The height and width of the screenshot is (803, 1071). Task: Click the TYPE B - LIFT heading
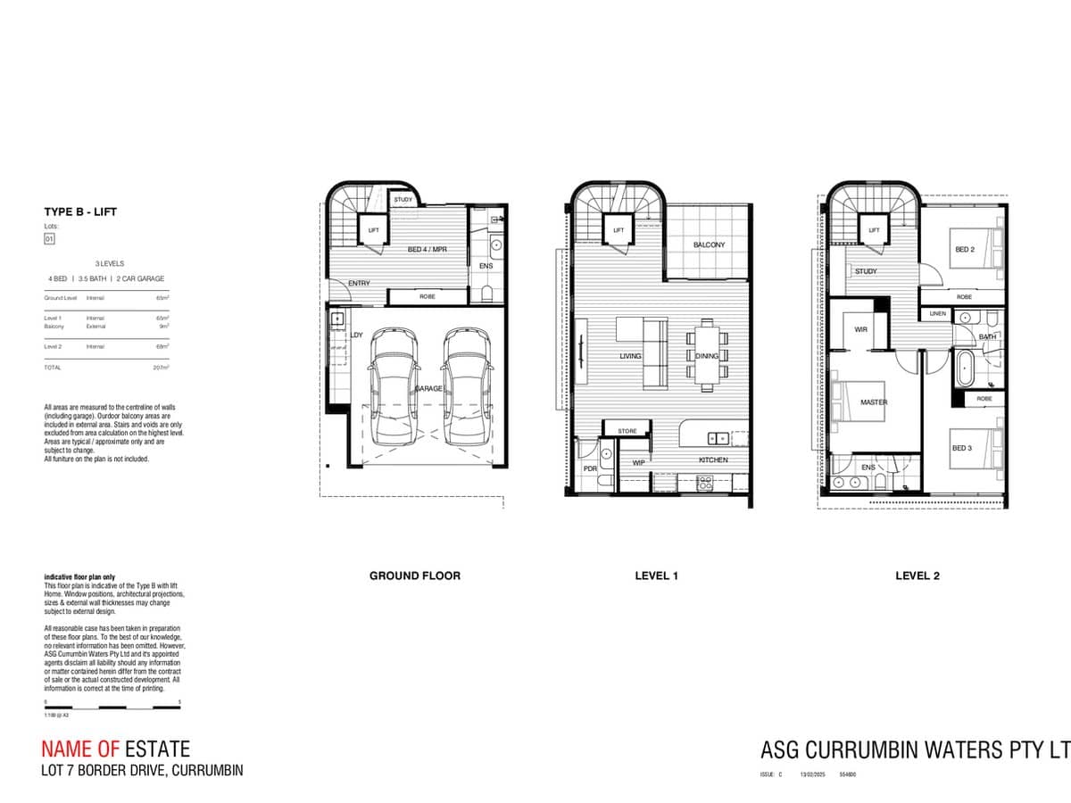point(80,211)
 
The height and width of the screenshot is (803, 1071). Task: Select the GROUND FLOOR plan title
point(415,575)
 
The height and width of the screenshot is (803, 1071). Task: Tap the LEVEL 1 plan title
point(656,575)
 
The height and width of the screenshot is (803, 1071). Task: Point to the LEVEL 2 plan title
point(917,575)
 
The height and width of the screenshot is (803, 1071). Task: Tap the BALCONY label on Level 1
point(710,244)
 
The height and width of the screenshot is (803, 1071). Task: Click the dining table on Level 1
point(707,355)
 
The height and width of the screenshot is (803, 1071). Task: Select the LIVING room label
point(631,356)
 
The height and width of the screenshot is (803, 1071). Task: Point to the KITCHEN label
point(713,459)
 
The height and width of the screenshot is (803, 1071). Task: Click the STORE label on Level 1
point(627,431)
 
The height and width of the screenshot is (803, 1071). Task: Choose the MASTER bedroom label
point(874,402)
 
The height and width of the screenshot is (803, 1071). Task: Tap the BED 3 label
point(961,448)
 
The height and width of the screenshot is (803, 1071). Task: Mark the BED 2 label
point(964,250)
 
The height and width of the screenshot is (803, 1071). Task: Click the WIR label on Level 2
point(860,329)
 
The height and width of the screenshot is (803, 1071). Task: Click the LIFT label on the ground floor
point(374,230)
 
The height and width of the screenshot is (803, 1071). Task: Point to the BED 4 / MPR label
point(427,250)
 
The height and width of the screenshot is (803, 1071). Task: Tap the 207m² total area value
point(161,368)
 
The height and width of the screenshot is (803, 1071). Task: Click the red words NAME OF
point(80,749)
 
